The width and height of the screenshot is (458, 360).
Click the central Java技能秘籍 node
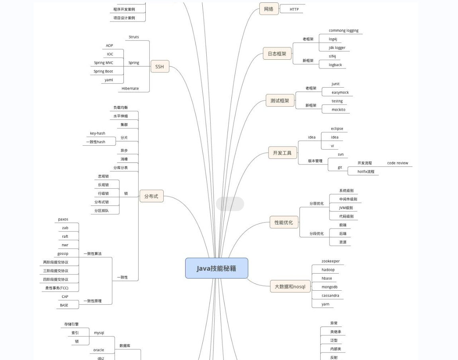pyautogui.click(x=216, y=268)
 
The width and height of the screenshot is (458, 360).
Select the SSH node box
pyautogui.click(x=160, y=67)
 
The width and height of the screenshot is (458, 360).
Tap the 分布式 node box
pyautogui.click(x=151, y=196)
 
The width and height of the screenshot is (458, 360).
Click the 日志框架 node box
pyautogui.click(x=277, y=53)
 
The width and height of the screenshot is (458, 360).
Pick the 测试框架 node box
pyautogui.click(x=280, y=101)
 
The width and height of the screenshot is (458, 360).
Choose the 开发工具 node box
pyautogui.click(x=282, y=153)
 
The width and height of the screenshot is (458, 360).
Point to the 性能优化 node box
pyautogui.click(x=284, y=222)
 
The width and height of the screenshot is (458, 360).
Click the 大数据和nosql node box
pyautogui.click(x=290, y=286)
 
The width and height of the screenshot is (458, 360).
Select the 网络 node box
pyautogui.click(x=269, y=9)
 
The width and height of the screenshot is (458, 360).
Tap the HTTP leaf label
pyautogui.click(x=294, y=9)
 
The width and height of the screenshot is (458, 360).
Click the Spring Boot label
pyautogui.click(x=103, y=71)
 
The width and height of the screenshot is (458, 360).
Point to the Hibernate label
pyautogui.click(x=130, y=88)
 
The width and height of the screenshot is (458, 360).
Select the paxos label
pyautogui.click(x=63, y=219)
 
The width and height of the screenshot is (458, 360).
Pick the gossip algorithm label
pyautogui.click(x=63, y=254)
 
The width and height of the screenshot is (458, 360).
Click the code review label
pyautogui.click(x=397, y=163)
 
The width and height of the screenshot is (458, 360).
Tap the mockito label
pyautogui.click(x=339, y=110)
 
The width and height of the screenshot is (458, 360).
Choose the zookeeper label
pyautogui.click(x=331, y=261)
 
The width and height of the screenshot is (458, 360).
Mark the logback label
pyautogui.click(x=335, y=65)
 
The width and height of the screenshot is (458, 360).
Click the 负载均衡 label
pyautogui.click(x=120, y=108)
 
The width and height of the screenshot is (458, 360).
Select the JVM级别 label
pyautogui.click(x=346, y=208)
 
